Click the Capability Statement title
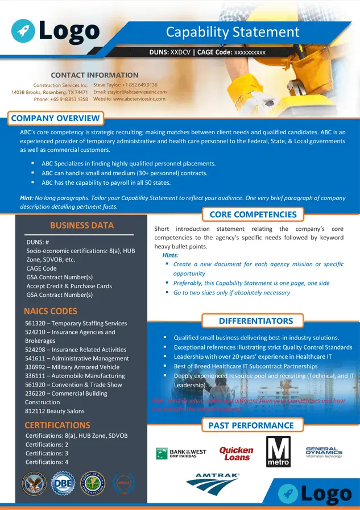tap(233, 32)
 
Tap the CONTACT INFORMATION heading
tap(94, 75)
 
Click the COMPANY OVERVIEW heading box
tap(55, 118)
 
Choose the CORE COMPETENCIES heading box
tap(253, 214)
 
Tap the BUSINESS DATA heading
tap(82, 225)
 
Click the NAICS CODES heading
tap(51, 311)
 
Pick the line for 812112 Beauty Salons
tap(55, 411)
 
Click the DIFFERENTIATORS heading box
tap(256, 321)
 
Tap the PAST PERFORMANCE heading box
tap(251, 425)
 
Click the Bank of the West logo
tap(181, 453)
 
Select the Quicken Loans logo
tap(236, 453)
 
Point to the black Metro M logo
tap(278, 451)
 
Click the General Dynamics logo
tap(324, 452)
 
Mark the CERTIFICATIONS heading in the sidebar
tap(57, 425)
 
